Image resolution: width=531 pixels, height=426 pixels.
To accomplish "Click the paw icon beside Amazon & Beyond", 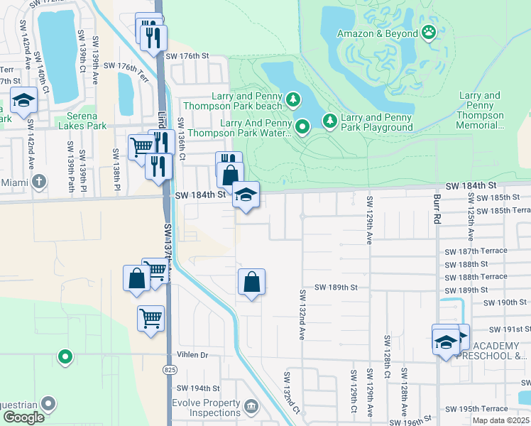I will tap(429, 32).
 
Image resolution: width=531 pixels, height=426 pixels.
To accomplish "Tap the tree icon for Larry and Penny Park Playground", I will tap(329, 121).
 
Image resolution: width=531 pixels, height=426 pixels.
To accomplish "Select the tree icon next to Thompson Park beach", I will tap(292, 98).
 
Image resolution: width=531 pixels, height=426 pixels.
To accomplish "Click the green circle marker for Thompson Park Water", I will tap(302, 127).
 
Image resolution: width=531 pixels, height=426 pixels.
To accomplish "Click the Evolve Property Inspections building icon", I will tap(251, 407).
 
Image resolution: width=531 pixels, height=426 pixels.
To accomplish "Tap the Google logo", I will tap(23, 418).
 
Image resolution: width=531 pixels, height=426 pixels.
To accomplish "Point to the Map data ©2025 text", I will tap(500, 420).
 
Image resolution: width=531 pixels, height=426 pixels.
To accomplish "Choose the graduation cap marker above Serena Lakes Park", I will tap(23, 101).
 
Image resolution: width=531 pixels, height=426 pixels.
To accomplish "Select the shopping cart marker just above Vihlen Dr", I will tap(150, 319).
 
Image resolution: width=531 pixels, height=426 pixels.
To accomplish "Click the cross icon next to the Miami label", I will tap(39, 182).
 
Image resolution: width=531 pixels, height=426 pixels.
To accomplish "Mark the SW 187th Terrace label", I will tap(476, 251).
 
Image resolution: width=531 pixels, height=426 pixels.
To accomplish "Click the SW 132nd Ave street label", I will tap(302, 314).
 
